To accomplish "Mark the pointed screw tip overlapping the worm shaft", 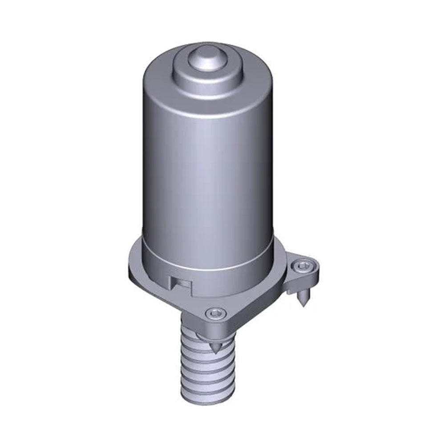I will (x=215, y=347).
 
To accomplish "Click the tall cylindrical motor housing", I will (x=207, y=178).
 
